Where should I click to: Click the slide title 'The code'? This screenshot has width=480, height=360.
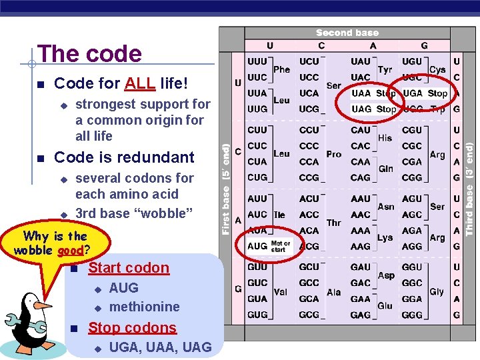(x=90, y=54)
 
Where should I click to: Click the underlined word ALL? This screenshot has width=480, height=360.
(x=140, y=84)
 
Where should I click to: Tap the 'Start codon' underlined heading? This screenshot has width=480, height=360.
(x=129, y=268)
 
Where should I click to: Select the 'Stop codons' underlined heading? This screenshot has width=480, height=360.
(x=132, y=328)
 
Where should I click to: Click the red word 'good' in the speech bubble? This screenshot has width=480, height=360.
(x=70, y=251)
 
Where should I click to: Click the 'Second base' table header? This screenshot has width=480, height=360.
(x=347, y=33)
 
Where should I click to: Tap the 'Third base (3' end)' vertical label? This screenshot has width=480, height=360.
(x=469, y=183)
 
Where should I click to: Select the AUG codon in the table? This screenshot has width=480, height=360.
(x=257, y=246)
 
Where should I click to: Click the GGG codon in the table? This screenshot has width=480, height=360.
(x=412, y=315)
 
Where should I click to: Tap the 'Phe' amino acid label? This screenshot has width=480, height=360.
(x=282, y=69)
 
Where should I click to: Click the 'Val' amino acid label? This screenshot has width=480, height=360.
(x=281, y=292)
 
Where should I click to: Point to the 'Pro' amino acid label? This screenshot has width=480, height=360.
(x=334, y=154)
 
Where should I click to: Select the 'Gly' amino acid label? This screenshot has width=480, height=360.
(x=437, y=292)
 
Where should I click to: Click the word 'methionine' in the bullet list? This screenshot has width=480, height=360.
(x=144, y=307)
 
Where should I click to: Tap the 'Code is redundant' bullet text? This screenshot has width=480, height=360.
(x=124, y=157)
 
